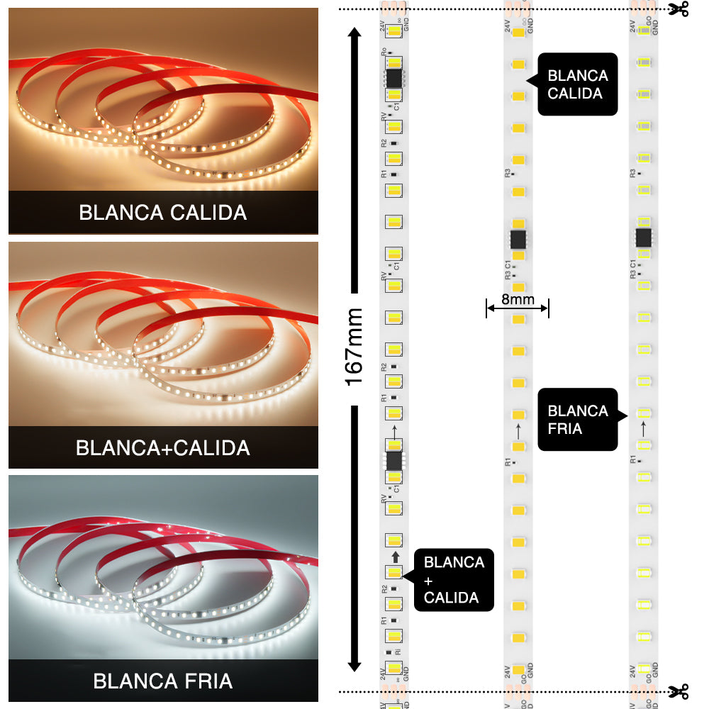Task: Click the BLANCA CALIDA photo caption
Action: pyautogui.click(x=163, y=212)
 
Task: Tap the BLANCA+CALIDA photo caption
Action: pyautogui.click(x=163, y=448)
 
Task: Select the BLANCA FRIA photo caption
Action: pyautogui.click(x=163, y=681)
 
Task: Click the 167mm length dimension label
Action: pyautogui.click(x=354, y=347)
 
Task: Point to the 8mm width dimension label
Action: pyautogui.click(x=518, y=299)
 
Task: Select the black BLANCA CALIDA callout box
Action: pyautogui.click(x=577, y=84)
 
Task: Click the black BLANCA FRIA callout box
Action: pyautogui.click(x=577, y=419)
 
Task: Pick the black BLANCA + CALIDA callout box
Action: pyautogui.click(x=454, y=580)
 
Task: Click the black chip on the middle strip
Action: pyautogui.click(x=518, y=238)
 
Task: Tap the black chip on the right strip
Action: pyautogui.click(x=644, y=237)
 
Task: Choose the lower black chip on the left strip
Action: pyautogui.click(x=393, y=461)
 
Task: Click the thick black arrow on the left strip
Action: pyautogui.click(x=394, y=557)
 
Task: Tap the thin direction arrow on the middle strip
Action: pyautogui.click(x=518, y=430)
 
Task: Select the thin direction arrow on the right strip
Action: pyautogui.click(x=644, y=428)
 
